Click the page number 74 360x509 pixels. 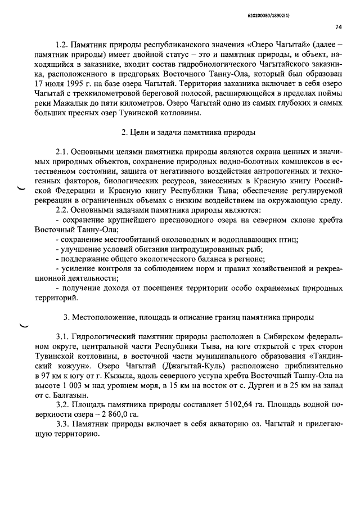point(339,26)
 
